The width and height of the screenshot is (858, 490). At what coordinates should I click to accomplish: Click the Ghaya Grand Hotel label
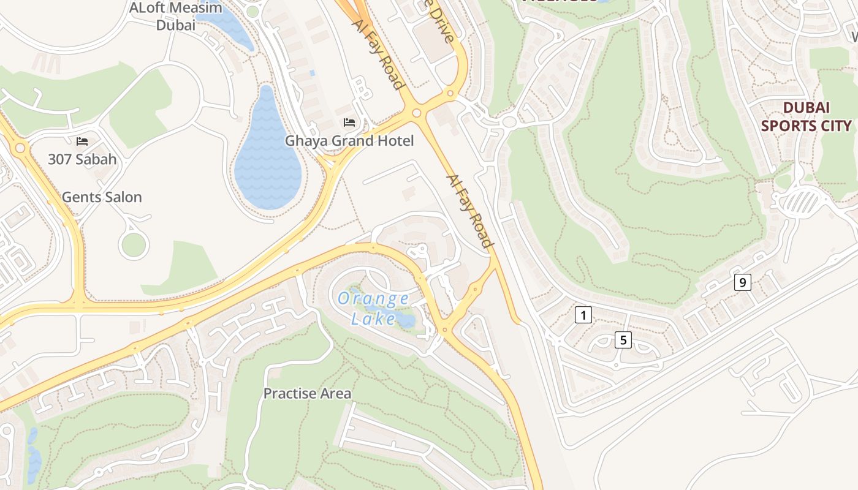pyautogui.click(x=349, y=141)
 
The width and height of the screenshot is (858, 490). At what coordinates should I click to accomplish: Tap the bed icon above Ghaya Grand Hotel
pyautogui.click(x=349, y=123)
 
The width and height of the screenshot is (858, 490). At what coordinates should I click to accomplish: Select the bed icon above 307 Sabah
pyautogui.click(x=82, y=141)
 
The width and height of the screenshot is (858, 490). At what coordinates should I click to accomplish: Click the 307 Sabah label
pyautogui.click(x=82, y=159)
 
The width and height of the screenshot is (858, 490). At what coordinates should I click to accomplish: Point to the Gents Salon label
pyautogui.click(x=102, y=197)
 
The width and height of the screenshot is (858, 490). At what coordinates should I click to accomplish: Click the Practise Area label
pyautogui.click(x=307, y=393)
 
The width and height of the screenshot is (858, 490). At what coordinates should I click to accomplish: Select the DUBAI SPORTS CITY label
pyautogui.click(x=806, y=116)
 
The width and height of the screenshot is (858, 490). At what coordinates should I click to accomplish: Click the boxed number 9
pyautogui.click(x=742, y=282)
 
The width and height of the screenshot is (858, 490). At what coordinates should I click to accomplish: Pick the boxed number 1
pyautogui.click(x=583, y=315)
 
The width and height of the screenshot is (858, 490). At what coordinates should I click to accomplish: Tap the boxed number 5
pyautogui.click(x=623, y=340)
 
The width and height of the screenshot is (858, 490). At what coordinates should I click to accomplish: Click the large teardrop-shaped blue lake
pyautogui.click(x=268, y=159)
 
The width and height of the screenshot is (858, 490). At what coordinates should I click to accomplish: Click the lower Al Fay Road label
pyautogui.click(x=470, y=211)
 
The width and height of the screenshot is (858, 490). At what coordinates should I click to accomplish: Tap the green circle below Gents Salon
pyautogui.click(x=134, y=245)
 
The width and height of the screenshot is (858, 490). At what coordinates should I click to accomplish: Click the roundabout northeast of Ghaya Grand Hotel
pyautogui.click(x=417, y=113)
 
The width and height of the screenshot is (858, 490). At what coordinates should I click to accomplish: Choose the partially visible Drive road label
pyautogui.click(x=442, y=21)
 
